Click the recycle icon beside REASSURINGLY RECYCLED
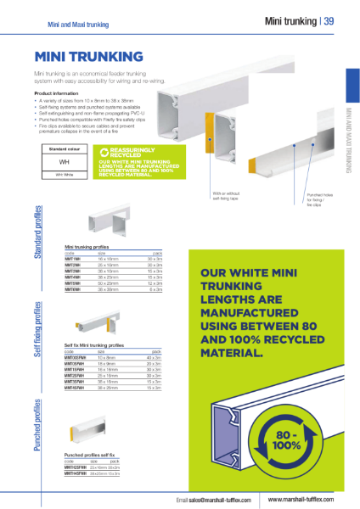point(104,152)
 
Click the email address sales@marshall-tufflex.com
point(213,501)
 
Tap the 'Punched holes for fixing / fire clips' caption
point(318,199)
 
